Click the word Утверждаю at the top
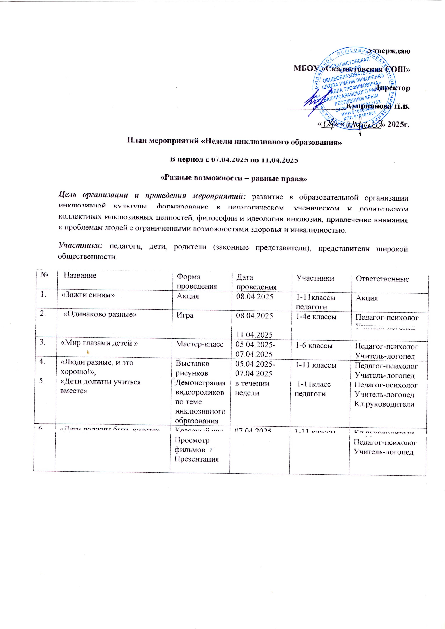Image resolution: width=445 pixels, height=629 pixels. click(389, 51)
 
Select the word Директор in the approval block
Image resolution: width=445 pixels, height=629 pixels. click(392, 88)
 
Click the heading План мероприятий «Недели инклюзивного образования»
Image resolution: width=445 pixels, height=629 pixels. click(235, 142)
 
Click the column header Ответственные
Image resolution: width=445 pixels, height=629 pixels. click(382, 279)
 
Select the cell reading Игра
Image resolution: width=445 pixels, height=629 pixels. click(185, 315)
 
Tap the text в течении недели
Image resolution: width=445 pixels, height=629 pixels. click(252, 388)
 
